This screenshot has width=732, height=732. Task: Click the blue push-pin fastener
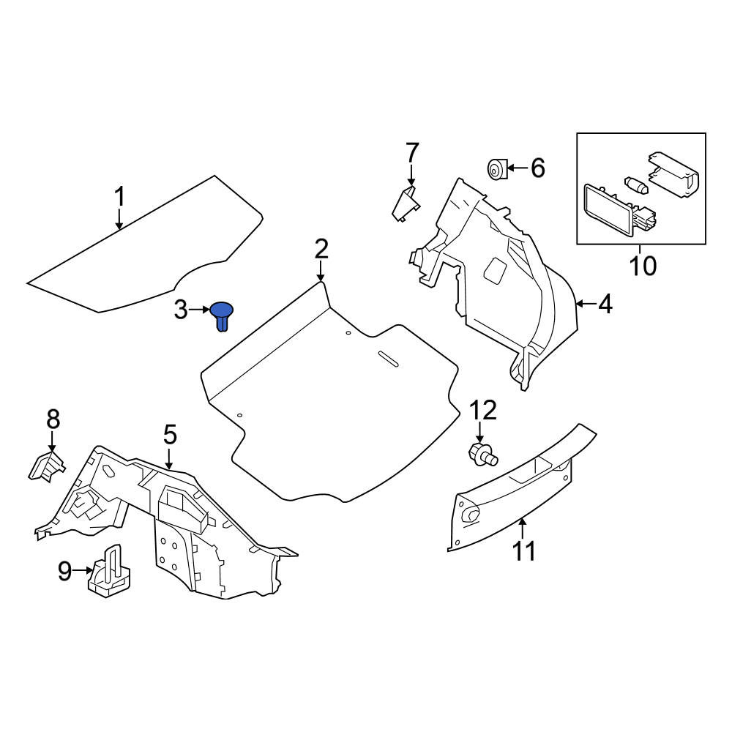click(x=222, y=315)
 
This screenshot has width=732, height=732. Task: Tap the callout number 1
click(x=120, y=196)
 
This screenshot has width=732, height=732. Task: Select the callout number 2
click(x=321, y=249)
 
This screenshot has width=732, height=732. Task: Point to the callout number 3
click(x=181, y=310)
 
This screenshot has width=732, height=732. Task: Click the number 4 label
click(x=605, y=304)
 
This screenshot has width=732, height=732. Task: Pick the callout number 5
click(x=170, y=434)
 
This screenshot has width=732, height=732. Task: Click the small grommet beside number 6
click(x=497, y=168)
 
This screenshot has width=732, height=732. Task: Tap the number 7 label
click(x=412, y=152)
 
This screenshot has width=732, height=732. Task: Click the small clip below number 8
click(x=45, y=466)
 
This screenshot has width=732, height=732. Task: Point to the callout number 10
click(x=643, y=266)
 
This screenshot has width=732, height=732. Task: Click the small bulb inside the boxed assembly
click(x=637, y=185)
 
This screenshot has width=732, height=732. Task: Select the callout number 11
click(x=524, y=551)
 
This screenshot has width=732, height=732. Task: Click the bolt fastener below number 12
click(x=482, y=455)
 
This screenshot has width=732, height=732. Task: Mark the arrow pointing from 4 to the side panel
click(x=586, y=305)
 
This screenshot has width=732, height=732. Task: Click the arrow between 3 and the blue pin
click(x=200, y=310)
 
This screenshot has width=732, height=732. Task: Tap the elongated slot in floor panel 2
click(x=388, y=358)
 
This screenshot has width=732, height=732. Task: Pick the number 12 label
click(x=482, y=411)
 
